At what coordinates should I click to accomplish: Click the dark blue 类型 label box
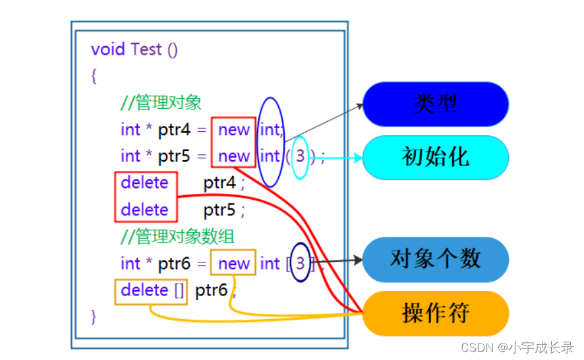(435, 104)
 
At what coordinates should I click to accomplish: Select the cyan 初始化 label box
(435, 157)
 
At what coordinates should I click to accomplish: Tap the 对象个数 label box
(435, 259)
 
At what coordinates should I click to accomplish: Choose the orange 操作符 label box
(435, 313)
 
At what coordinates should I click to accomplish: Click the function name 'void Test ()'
(134, 50)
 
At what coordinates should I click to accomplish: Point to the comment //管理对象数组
(177, 236)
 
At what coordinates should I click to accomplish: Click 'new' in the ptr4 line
(234, 130)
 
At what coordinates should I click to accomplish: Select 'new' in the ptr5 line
(234, 157)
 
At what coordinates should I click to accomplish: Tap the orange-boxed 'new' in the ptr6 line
(234, 264)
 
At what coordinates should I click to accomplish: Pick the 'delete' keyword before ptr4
(145, 183)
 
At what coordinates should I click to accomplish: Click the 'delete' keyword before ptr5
(145, 210)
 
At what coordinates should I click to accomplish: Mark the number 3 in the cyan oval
(301, 157)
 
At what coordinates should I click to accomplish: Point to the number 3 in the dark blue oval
(301, 264)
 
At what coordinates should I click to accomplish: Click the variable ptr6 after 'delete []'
(212, 290)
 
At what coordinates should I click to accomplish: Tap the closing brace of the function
(94, 316)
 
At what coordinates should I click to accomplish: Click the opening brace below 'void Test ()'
(94, 76)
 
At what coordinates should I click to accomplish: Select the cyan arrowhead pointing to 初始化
(358, 158)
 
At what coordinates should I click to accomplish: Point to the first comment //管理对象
(161, 103)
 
